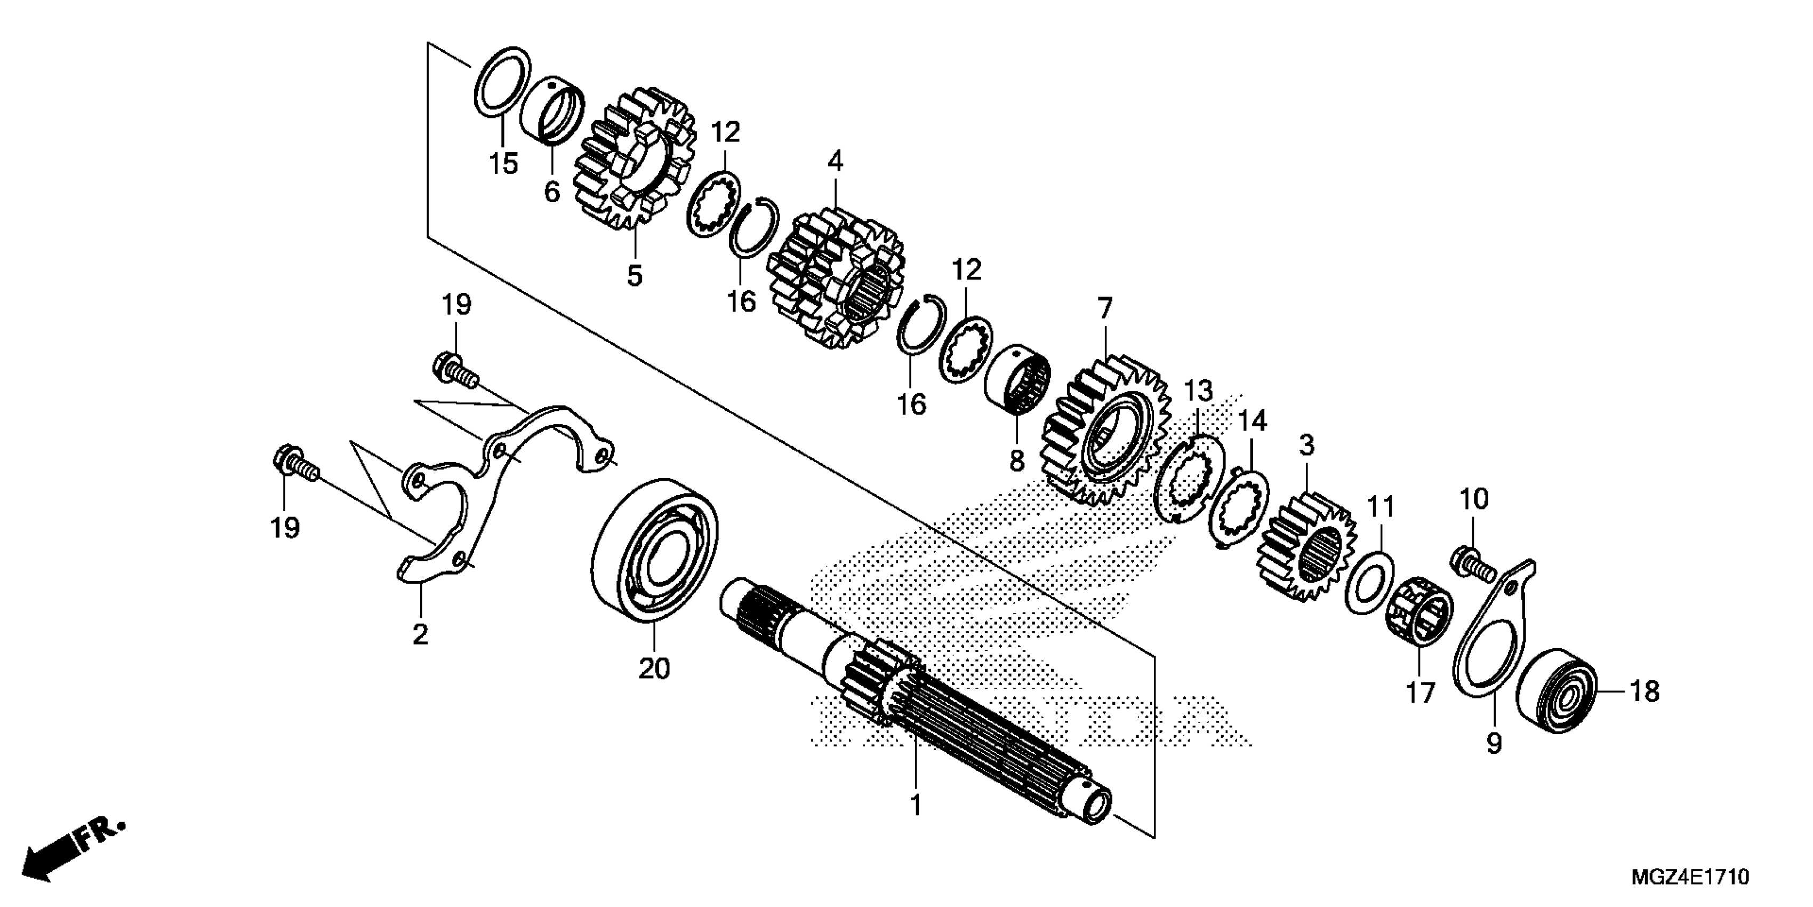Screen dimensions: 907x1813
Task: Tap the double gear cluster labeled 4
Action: tap(836, 282)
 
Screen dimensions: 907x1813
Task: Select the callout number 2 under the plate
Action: tap(420, 634)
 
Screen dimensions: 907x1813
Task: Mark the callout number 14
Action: tap(1252, 421)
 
